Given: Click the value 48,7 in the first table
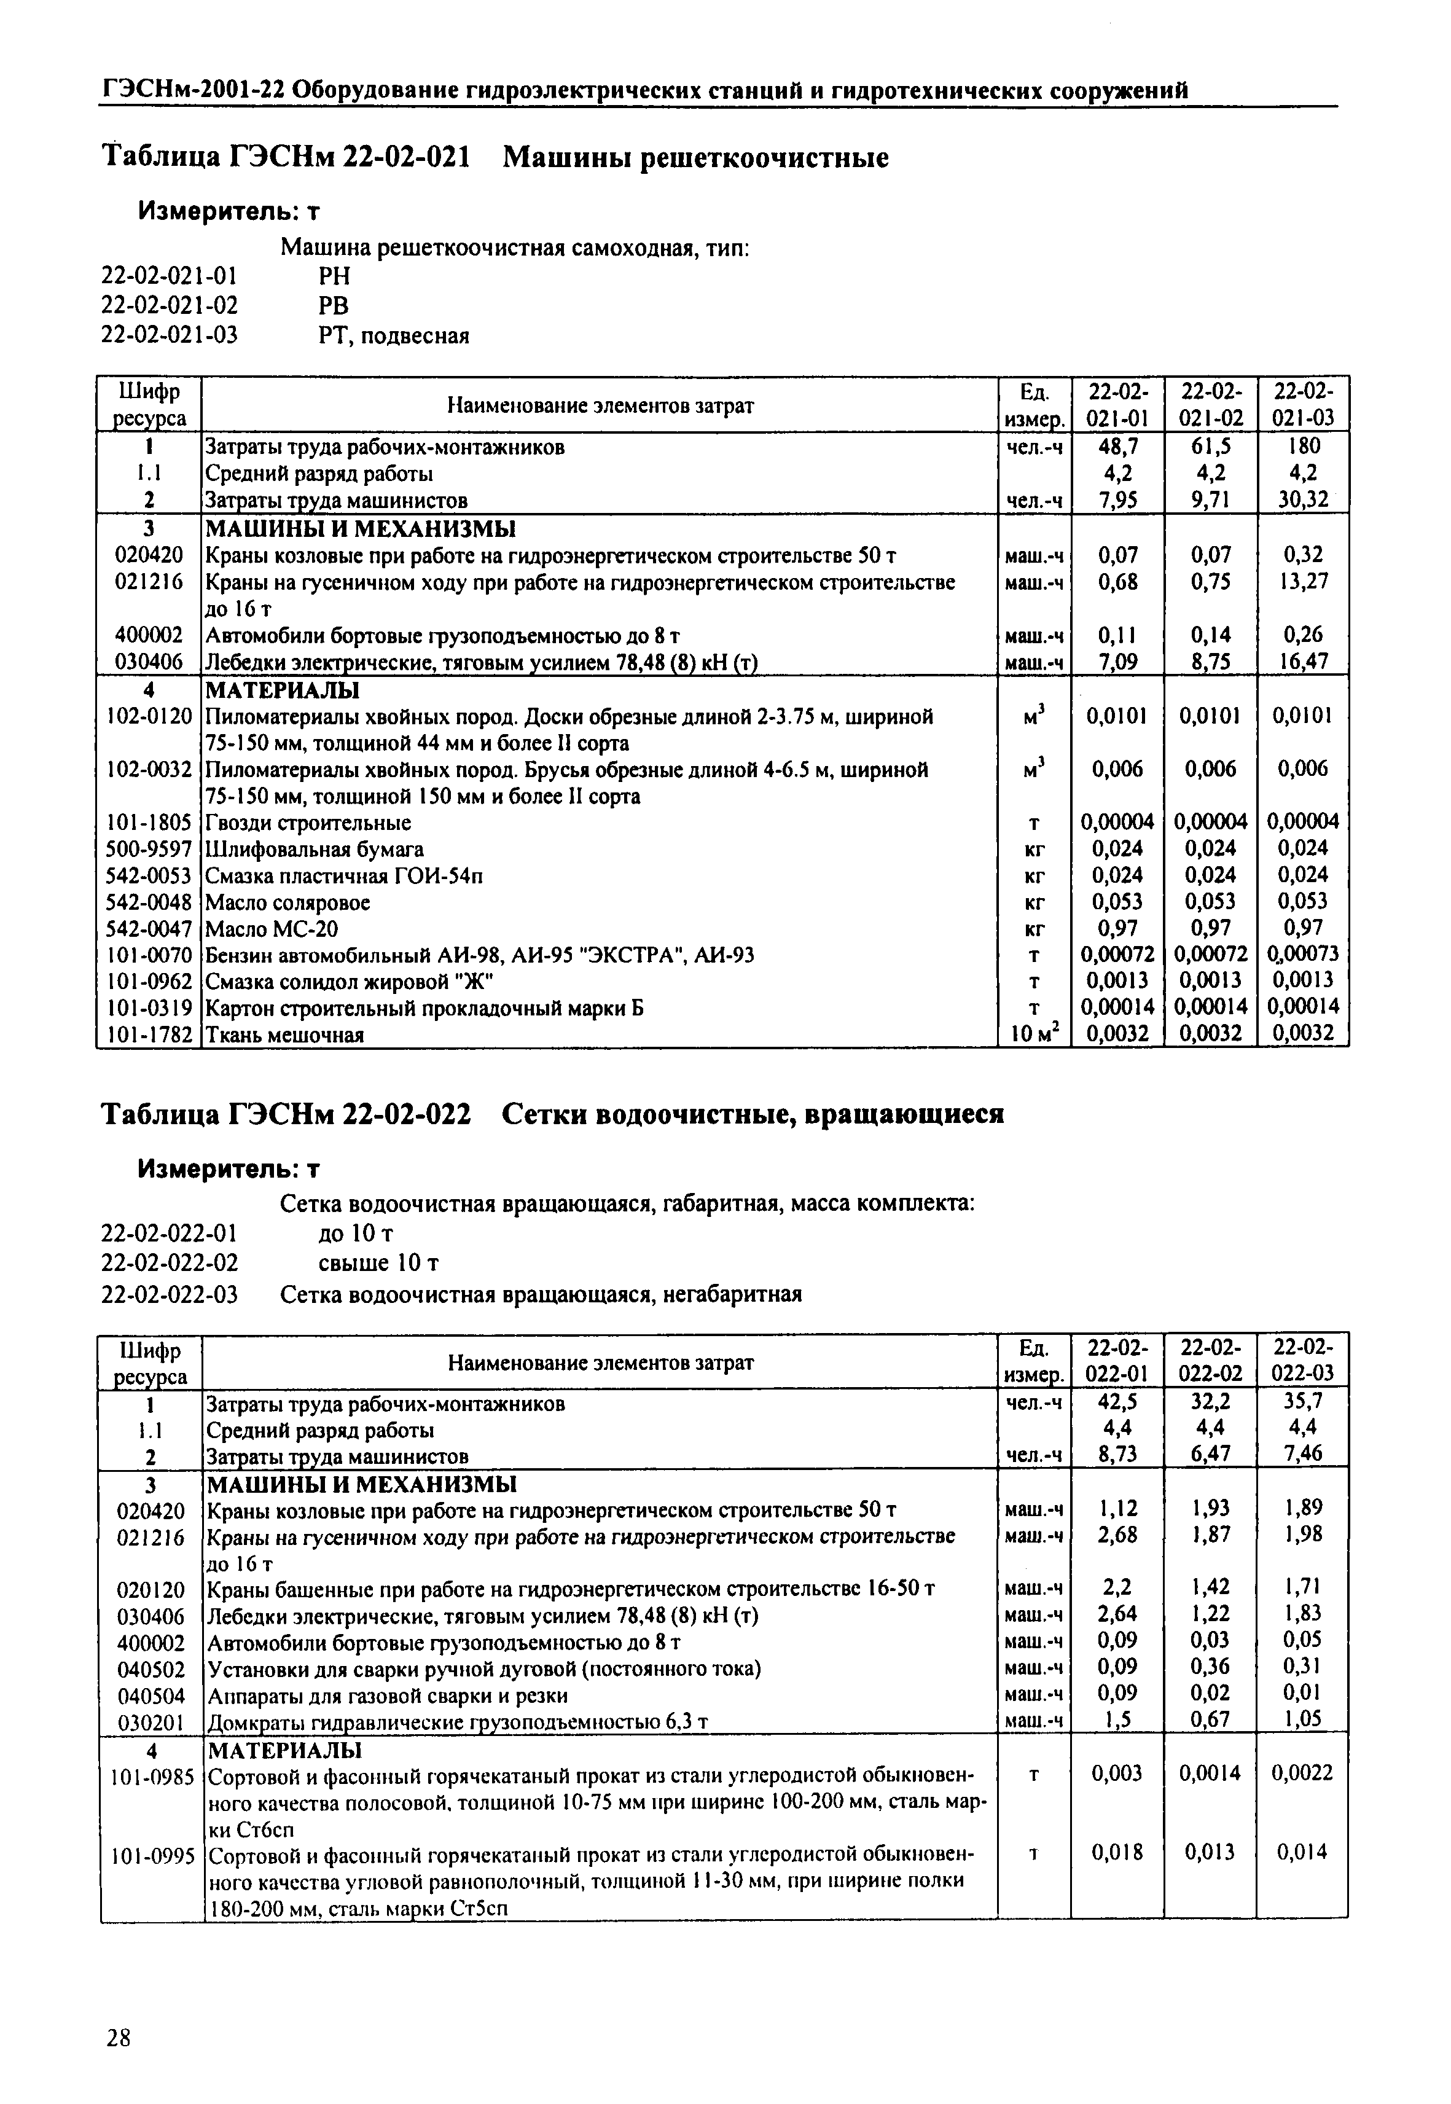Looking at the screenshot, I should coord(1117,447).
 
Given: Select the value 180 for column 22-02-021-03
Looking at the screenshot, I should coord(1303,447).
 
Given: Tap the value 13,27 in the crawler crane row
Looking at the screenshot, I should coord(1303,581).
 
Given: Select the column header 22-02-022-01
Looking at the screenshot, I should coord(1117,1361).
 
